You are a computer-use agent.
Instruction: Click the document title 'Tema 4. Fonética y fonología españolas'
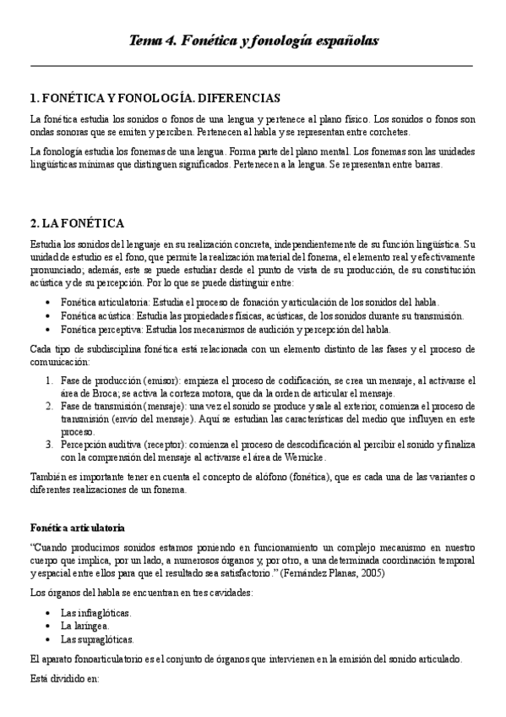pyautogui.click(x=253, y=41)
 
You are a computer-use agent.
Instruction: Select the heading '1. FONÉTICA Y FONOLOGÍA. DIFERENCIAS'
pyautogui.click(x=155, y=98)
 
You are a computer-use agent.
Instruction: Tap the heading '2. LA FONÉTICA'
pyautogui.click(x=77, y=223)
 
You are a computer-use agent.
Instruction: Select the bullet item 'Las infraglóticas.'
pyautogui.click(x=95, y=612)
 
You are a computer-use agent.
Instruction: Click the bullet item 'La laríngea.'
pyautogui.click(x=84, y=626)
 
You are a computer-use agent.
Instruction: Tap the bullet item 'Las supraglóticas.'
pyautogui.click(x=97, y=639)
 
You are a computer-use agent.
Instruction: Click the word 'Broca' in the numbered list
pyautogui.click(x=93, y=394)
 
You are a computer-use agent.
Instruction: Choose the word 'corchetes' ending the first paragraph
pyautogui.click(x=385, y=133)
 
